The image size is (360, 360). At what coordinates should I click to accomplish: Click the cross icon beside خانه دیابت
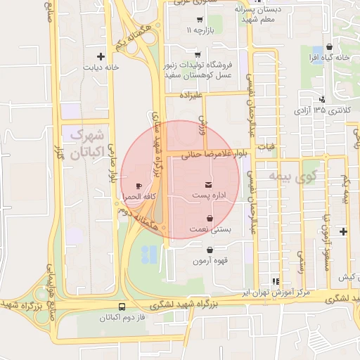coord(101,56)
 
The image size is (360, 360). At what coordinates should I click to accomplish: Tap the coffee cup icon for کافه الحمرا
coord(139,186)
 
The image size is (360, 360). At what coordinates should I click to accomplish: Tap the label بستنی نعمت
coord(208,230)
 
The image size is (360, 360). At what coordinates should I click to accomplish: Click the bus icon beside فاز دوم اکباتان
coord(122,307)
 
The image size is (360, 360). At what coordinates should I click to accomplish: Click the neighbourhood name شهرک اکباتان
coord(89,143)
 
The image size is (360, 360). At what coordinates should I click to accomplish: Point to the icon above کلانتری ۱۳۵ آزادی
coord(322,99)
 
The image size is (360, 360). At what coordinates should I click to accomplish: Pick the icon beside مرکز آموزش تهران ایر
coord(276,280)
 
